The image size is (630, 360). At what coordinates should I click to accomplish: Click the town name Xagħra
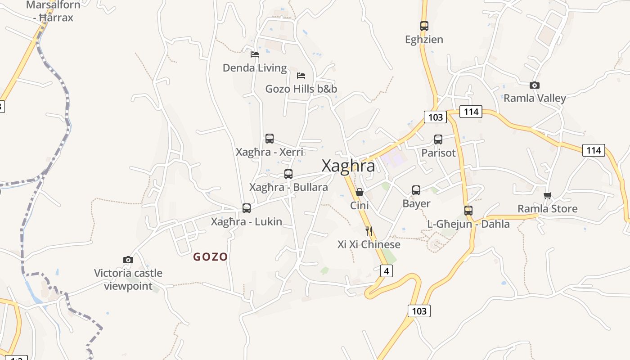pyautogui.click(x=348, y=166)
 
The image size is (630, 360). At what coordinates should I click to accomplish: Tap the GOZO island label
pyautogui.click(x=210, y=257)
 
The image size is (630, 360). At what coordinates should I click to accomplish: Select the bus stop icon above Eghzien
pyautogui.click(x=424, y=26)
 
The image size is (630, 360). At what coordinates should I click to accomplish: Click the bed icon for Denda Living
pyautogui.click(x=255, y=54)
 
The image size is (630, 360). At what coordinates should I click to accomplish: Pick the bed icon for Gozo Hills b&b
pyautogui.click(x=301, y=75)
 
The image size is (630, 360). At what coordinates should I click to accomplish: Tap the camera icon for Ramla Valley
pyautogui.click(x=535, y=85)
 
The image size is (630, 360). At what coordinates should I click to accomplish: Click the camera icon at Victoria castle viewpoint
pyautogui.click(x=128, y=260)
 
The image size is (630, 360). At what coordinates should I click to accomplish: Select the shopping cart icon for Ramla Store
pyautogui.click(x=547, y=195)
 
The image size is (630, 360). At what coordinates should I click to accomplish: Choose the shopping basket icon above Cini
pyautogui.click(x=360, y=192)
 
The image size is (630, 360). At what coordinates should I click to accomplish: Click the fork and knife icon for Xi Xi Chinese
pyautogui.click(x=369, y=231)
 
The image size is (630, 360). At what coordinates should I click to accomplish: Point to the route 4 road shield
pyautogui.click(x=386, y=271)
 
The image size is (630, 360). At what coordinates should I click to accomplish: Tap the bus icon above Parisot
pyautogui.click(x=438, y=139)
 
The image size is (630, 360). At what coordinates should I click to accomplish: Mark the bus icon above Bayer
pyautogui.click(x=416, y=190)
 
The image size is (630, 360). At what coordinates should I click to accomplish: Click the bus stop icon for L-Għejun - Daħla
pyautogui.click(x=468, y=210)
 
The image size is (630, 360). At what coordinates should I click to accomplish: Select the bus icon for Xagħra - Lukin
pyautogui.click(x=247, y=208)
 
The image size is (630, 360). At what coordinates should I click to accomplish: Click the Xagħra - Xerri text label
pyautogui.click(x=270, y=152)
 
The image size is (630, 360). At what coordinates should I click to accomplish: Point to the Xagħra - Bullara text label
pyautogui.click(x=288, y=187)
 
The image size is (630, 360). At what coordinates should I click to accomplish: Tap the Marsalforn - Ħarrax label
pyautogui.click(x=53, y=11)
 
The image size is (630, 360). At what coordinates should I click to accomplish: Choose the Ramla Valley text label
pyautogui.click(x=535, y=98)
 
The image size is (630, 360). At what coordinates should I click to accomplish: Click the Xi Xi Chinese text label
pyautogui.click(x=369, y=244)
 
